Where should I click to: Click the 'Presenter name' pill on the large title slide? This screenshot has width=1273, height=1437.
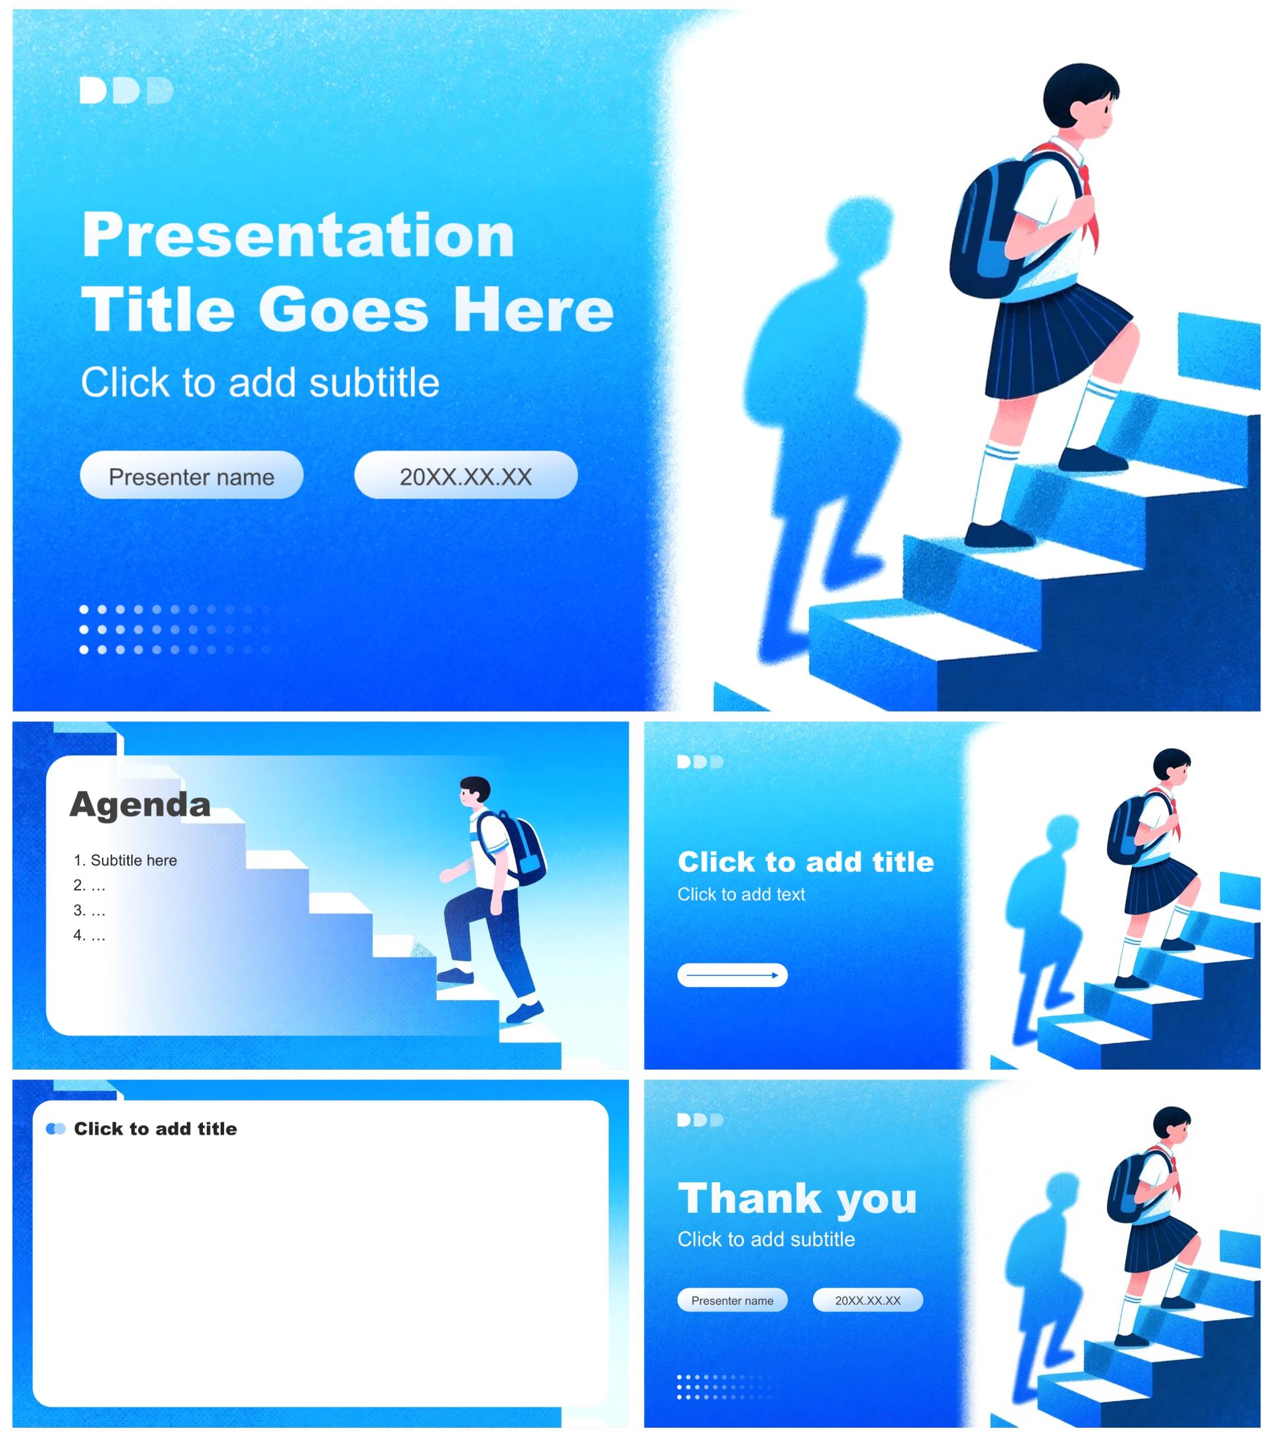(x=192, y=475)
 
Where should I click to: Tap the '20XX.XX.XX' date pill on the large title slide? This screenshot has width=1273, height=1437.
(x=466, y=475)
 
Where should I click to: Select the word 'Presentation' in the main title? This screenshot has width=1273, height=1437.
(x=298, y=235)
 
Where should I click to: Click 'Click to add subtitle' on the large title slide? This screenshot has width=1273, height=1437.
(x=260, y=383)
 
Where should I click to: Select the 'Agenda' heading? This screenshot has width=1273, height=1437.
(x=140, y=805)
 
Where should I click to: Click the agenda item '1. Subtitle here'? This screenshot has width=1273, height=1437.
(x=125, y=860)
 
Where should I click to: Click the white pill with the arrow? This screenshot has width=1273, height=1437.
(x=733, y=975)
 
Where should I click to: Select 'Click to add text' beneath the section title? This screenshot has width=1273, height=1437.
(x=741, y=895)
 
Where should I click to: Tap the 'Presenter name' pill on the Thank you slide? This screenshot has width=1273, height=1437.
(x=733, y=1300)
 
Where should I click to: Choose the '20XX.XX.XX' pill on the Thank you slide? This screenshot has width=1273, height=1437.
(x=867, y=1300)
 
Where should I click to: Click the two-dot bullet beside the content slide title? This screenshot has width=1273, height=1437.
(x=56, y=1129)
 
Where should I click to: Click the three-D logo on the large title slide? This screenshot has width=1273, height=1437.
(x=127, y=90)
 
